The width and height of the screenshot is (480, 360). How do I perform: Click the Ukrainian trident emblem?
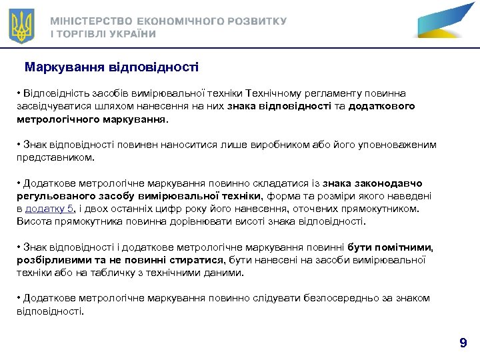tap(22, 27)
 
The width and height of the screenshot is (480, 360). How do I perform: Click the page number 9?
tap(463, 343)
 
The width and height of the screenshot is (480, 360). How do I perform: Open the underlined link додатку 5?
tap(49, 209)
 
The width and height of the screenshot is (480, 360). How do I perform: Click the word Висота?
tap(32, 221)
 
